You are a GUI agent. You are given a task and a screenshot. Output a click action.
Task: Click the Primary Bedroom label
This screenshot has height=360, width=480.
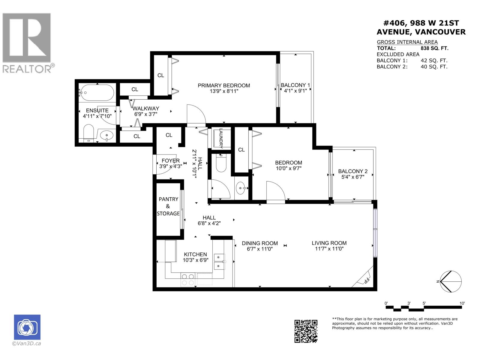pyautogui.click(x=223, y=85)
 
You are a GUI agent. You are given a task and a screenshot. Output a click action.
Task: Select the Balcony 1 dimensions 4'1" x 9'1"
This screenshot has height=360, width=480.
pyautogui.click(x=295, y=91)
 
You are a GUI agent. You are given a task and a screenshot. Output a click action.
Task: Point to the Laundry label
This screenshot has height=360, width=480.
pyautogui.click(x=221, y=138)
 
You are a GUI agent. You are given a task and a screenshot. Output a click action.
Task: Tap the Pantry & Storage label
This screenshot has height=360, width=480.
pyautogui.click(x=168, y=206)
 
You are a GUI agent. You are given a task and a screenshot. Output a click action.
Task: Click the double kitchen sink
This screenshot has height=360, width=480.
pyautogui.click(x=220, y=261)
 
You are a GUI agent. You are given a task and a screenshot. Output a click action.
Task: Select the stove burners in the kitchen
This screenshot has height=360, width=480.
pyautogui.click(x=188, y=280)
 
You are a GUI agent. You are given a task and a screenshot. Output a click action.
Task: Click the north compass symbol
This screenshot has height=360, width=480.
pyautogui.click(x=451, y=281)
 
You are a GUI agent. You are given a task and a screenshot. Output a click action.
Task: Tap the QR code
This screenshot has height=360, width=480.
pyautogui.click(x=306, y=331)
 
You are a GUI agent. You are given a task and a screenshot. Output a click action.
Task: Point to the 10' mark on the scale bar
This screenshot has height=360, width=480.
pyautogui.click(x=462, y=304)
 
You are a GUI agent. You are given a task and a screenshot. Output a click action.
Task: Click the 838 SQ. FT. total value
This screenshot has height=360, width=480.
pyautogui.click(x=434, y=48)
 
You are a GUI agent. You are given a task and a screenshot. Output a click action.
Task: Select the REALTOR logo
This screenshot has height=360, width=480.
pyautogui.click(x=27, y=43)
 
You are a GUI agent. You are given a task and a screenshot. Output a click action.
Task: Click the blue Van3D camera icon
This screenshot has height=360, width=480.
pyautogui.click(x=27, y=327)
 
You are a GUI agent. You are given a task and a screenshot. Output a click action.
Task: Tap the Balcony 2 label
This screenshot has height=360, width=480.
pyautogui.click(x=352, y=171)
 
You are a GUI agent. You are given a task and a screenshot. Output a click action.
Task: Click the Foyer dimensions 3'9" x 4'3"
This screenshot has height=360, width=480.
pyautogui.click(x=171, y=166)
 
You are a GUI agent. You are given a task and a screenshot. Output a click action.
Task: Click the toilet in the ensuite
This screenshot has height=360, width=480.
pyautogui.click(x=88, y=133)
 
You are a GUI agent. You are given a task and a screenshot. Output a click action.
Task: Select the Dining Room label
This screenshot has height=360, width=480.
pyautogui.click(x=260, y=243)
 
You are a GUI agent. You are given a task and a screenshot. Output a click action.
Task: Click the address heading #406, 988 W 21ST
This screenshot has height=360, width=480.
pyautogui.click(x=421, y=23)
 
